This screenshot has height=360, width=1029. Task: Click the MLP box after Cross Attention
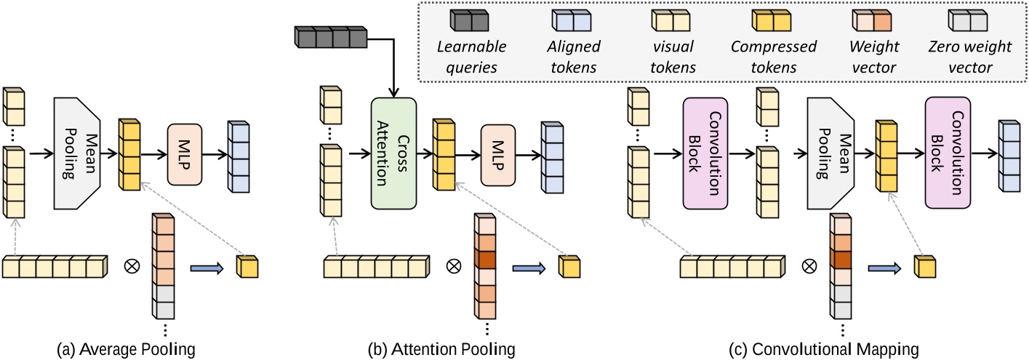501,153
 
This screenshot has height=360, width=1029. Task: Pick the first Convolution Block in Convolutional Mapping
705,153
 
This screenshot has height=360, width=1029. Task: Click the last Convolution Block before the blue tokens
948,153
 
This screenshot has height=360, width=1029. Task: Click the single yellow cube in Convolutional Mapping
924,268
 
